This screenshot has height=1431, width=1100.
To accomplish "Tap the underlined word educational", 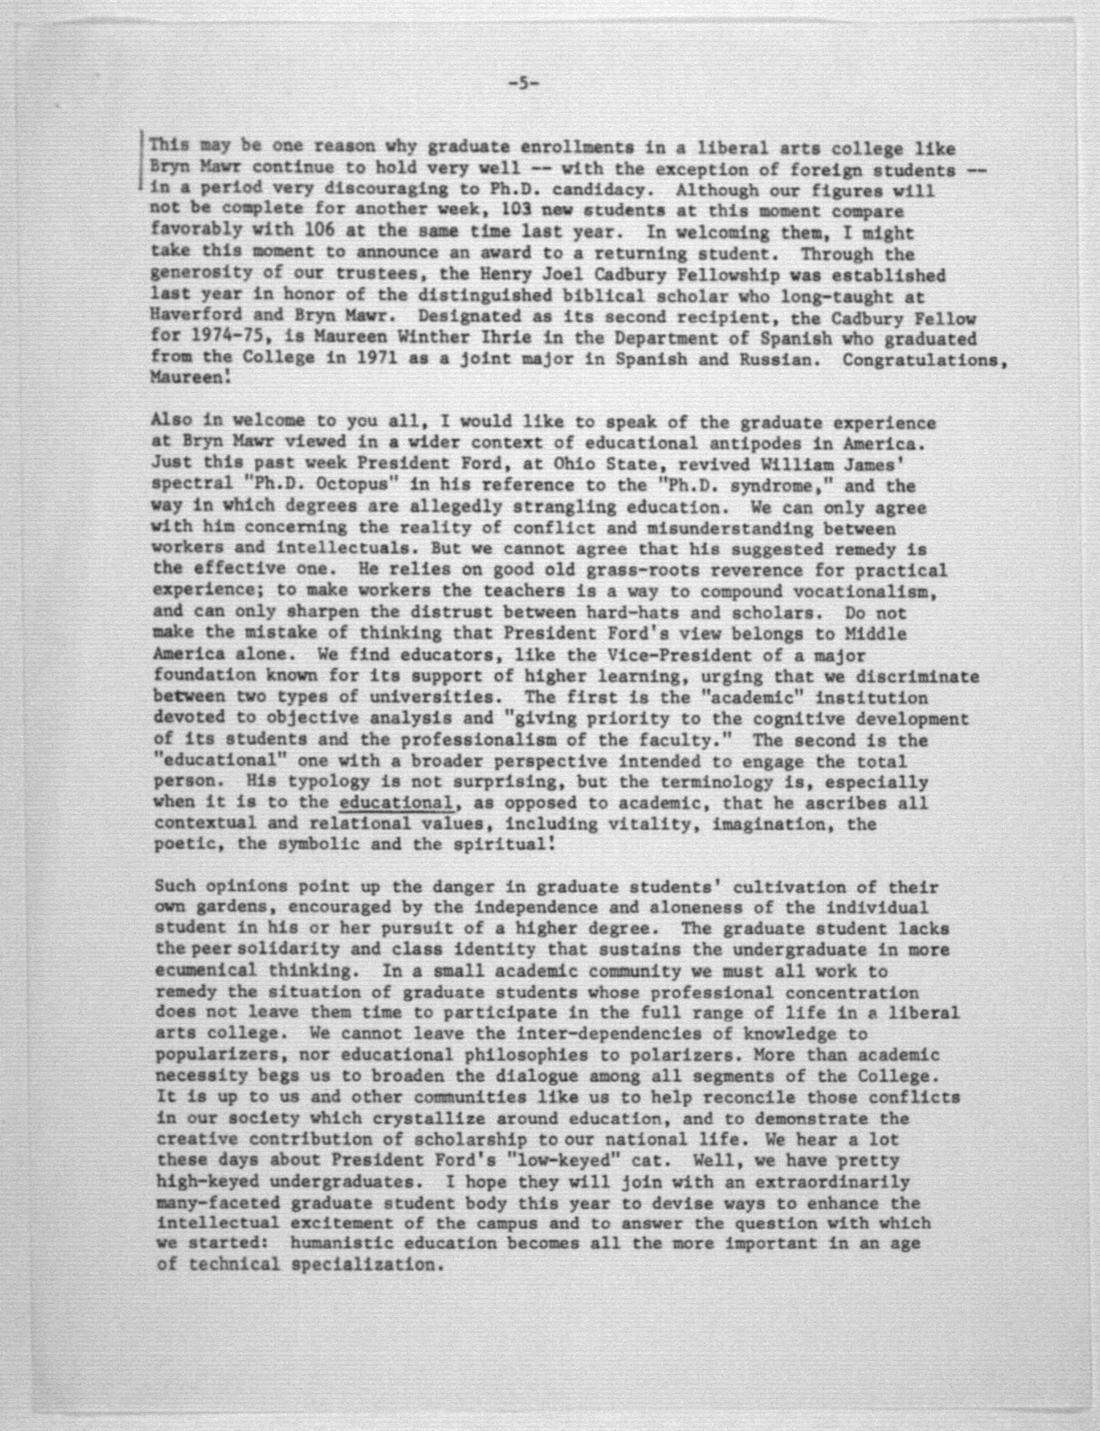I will (x=396, y=803).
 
